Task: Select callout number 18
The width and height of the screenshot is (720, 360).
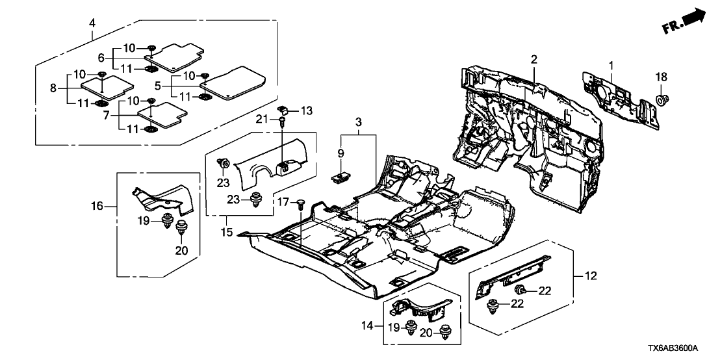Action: pyautogui.click(x=661, y=77)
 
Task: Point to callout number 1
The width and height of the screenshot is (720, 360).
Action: pyautogui.click(x=611, y=66)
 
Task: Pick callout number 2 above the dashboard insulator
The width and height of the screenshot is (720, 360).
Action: pyautogui.click(x=534, y=59)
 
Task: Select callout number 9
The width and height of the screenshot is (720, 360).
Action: pyautogui.click(x=341, y=151)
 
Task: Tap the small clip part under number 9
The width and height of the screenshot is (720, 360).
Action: pyautogui.click(x=339, y=177)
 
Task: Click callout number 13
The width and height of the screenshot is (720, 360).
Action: pyautogui.click(x=306, y=110)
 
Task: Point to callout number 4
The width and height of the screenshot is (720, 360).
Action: pyautogui.click(x=92, y=23)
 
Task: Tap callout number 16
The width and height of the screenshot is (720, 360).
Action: pyautogui.click(x=98, y=207)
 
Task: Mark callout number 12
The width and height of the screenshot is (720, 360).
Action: pyautogui.click(x=591, y=276)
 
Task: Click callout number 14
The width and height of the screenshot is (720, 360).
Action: pyautogui.click(x=368, y=326)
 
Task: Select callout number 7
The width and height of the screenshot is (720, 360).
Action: pyautogui.click(x=107, y=115)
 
